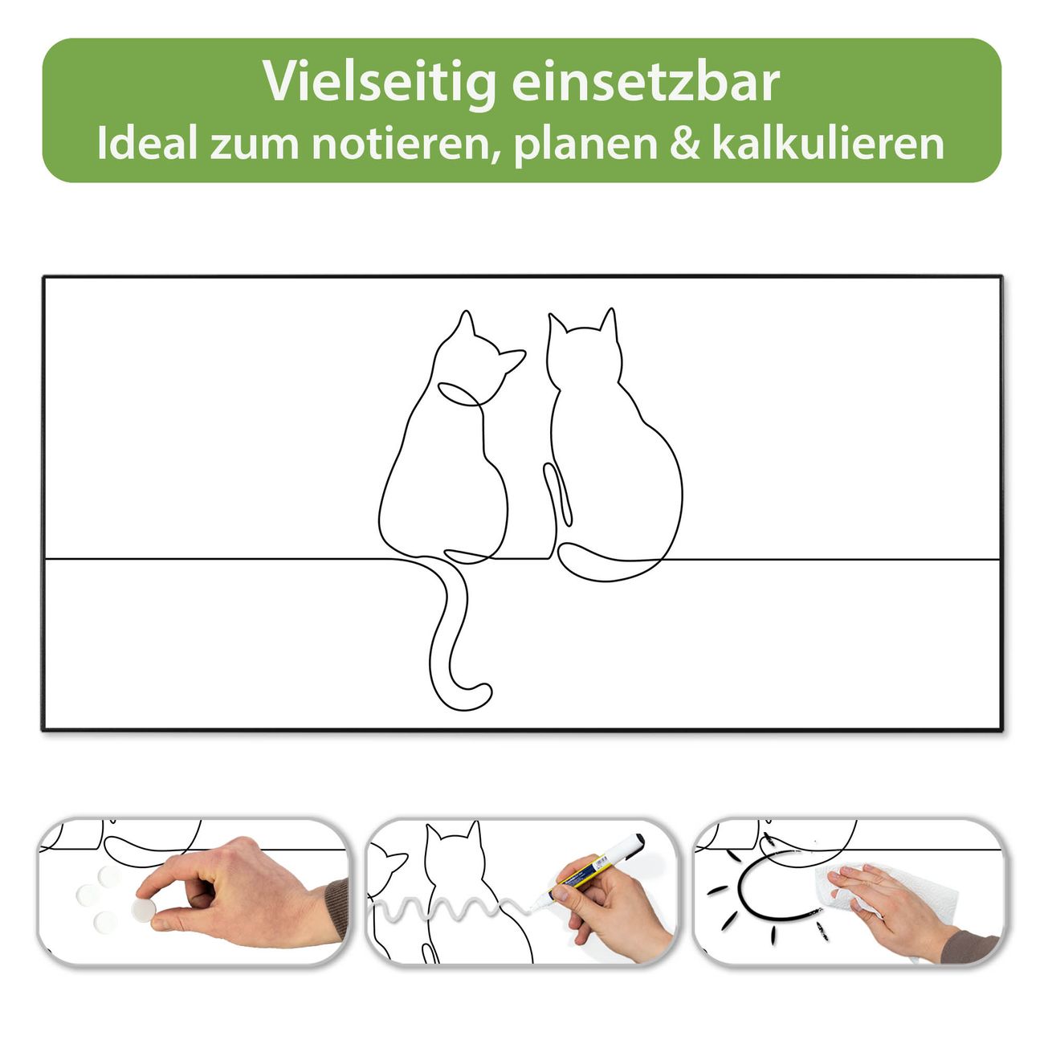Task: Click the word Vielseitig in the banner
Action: click(x=379, y=84)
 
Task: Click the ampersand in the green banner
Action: click(x=684, y=144)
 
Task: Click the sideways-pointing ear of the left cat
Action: click(x=512, y=360)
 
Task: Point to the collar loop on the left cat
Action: click(x=459, y=394)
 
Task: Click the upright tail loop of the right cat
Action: click(x=557, y=494)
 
